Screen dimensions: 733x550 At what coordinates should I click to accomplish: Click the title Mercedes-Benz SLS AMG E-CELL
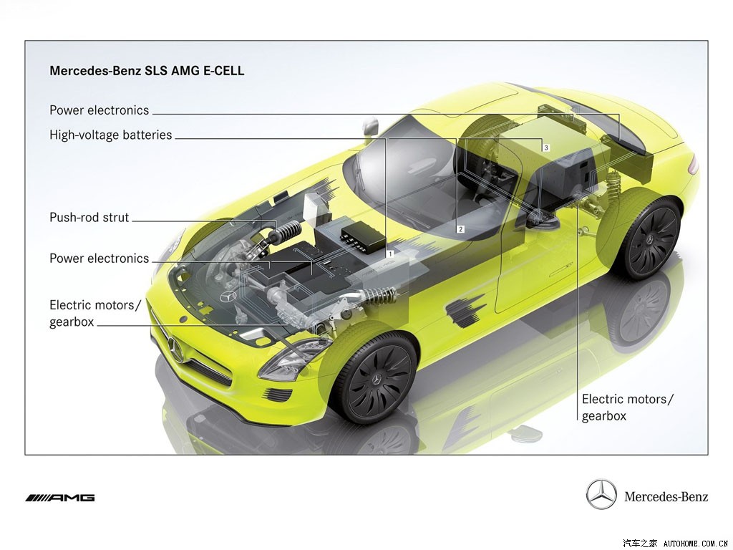147,71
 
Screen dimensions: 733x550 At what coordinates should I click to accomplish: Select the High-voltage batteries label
111,135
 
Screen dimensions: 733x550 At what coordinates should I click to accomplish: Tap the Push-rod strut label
89,218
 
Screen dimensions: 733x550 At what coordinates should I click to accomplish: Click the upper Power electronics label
99,110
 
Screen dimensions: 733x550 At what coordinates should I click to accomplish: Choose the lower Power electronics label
99,259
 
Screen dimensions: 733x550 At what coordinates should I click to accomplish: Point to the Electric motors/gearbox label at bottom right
628,407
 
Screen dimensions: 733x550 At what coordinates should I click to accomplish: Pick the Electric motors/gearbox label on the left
95,314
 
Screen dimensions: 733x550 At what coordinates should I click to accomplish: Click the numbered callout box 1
390,254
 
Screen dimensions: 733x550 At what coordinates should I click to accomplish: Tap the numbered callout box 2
461,229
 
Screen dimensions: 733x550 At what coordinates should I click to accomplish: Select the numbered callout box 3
546,148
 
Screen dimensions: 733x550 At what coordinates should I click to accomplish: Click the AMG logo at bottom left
60,498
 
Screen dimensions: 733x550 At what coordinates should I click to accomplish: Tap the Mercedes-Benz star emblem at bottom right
601,494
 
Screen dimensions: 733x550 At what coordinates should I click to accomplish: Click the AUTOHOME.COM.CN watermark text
696,544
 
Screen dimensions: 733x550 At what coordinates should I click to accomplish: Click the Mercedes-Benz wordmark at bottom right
666,496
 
